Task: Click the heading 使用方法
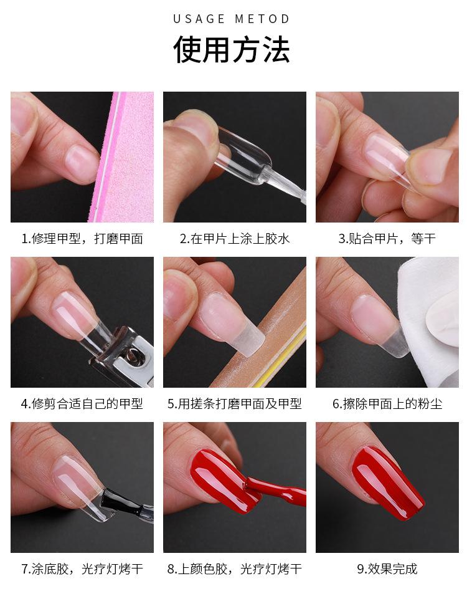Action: [x=232, y=49]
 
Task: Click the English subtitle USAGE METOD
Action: [x=232, y=19]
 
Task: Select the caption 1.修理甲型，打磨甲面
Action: [x=82, y=239]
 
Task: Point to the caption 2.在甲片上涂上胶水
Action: [x=235, y=239]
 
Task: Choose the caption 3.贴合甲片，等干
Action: [x=387, y=239]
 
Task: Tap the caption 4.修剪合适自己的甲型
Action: [x=82, y=404]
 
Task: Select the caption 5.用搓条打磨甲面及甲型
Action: [x=235, y=404]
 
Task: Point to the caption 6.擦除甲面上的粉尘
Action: [x=387, y=404]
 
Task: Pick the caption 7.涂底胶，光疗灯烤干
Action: [x=82, y=569]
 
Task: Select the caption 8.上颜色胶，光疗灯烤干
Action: [x=235, y=569]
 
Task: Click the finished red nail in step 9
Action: [x=387, y=482]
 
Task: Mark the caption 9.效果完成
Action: [x=387, y=569]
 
